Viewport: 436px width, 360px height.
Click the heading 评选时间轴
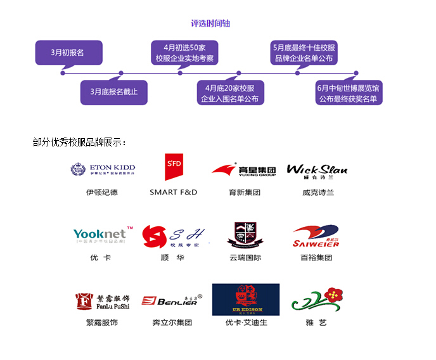(x=210, y=23)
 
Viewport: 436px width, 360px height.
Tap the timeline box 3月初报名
(x=68, y=52)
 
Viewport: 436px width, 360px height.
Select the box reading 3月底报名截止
(x=113, y=92)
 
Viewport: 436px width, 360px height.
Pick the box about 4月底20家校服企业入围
(x=229, y=93)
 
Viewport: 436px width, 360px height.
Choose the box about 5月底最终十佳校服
(x=304, y=52)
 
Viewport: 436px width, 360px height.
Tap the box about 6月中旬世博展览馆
(x=350, y=93)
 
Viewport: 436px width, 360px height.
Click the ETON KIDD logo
(x=103, y=169)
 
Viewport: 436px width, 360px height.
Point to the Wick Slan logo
(x=317, y=170)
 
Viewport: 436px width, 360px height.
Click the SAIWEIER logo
(x=316, y=237)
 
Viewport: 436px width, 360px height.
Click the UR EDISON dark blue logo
(x=245, y=299)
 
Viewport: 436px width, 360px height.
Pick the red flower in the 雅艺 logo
(x=333, y=294)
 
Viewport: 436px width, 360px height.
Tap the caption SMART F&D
(x=173, y=192)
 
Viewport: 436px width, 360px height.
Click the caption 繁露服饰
(x=102, y=323)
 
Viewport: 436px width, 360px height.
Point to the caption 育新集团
(x=245, y=192)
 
